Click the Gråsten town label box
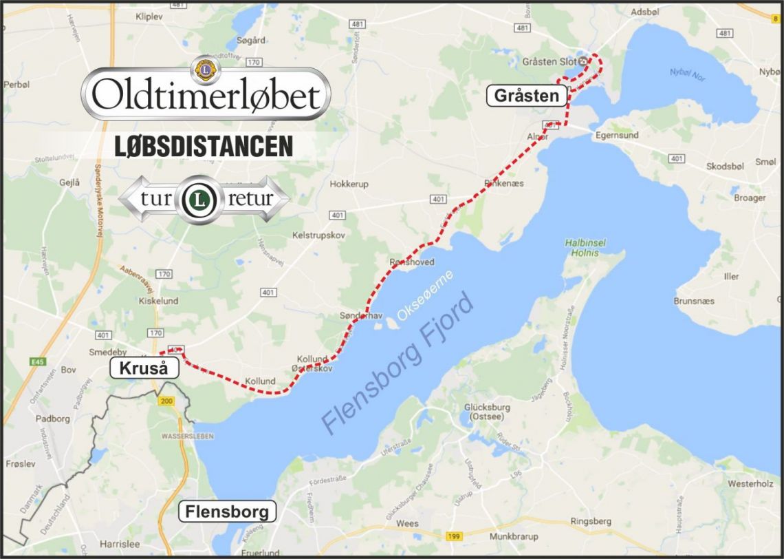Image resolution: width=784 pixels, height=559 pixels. pos(527,95)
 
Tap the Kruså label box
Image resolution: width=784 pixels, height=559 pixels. pos(144,368)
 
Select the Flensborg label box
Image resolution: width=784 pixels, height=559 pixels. pos(227,512)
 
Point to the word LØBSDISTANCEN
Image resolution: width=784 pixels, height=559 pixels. pos(203,146)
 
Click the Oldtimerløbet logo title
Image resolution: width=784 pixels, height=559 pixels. pos(206,96)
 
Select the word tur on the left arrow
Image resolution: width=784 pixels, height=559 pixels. pos(157,200)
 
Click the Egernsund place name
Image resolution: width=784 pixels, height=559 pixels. pos(617,136)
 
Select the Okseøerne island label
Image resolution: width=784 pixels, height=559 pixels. pos(425,295)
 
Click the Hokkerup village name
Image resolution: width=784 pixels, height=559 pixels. pos(349,184)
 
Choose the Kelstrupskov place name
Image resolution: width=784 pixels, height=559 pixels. pos(318,235)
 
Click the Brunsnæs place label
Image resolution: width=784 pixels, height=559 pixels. pos(694,301)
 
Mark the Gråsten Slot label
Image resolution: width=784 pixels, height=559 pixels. pos(549,61)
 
